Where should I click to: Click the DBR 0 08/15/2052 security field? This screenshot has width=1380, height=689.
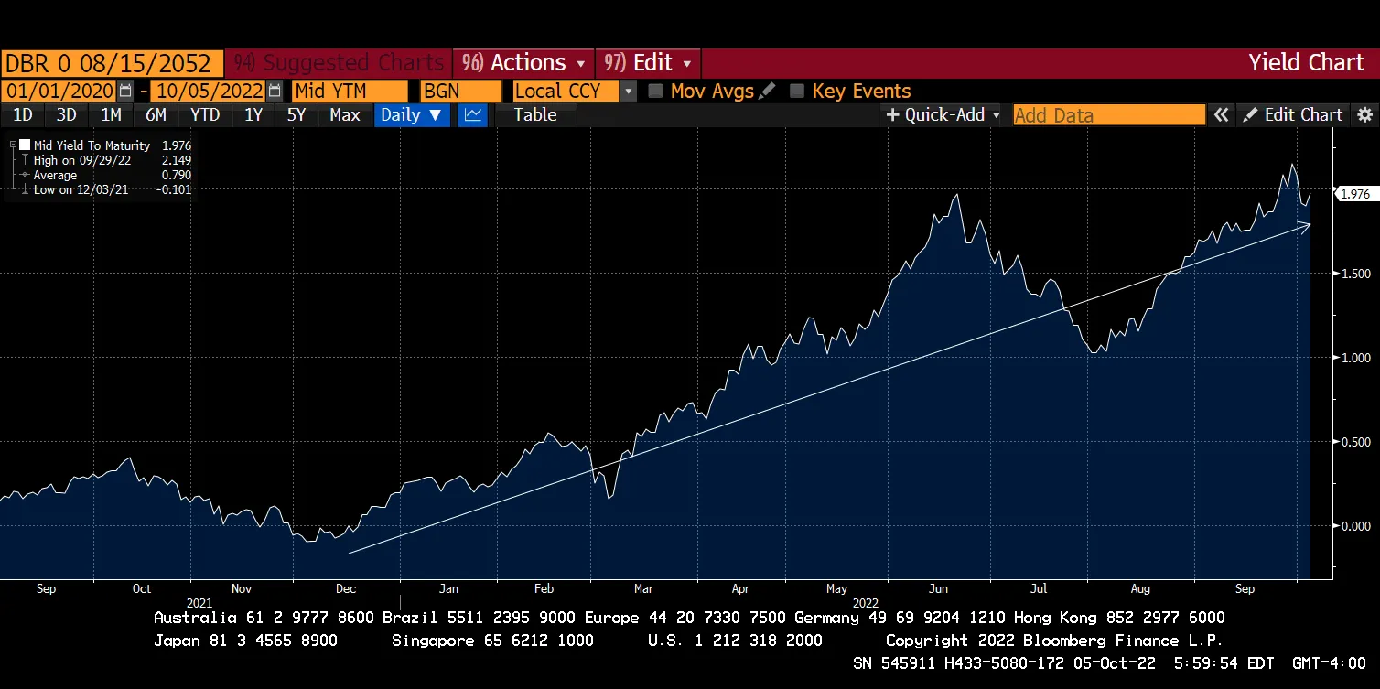click(112, 63)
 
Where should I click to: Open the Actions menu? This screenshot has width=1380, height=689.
click(523, 63)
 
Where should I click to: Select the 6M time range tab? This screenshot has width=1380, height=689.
click(156, 115)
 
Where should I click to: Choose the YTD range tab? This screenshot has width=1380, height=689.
click(204, 115)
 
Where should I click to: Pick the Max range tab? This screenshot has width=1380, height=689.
click(345, 115)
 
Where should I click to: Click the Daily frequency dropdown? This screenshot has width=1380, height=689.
click(411, 115)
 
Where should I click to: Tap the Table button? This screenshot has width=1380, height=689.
click(535, 115)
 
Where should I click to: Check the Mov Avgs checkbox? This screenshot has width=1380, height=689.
click(655, 92)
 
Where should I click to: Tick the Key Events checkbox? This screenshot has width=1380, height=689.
click(797, 92)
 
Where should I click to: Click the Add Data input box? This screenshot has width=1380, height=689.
click(1108, 115)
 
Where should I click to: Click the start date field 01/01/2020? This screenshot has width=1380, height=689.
click(59, 92)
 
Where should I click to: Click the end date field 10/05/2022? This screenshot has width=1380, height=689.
click(208, 92)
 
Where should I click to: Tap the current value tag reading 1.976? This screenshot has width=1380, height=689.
click(1353, 194)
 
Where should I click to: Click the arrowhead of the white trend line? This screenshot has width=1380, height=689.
click(1308, 224)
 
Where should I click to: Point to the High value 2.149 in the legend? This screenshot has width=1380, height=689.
click(176, 160)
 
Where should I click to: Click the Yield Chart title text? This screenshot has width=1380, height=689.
click(1306, 63)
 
